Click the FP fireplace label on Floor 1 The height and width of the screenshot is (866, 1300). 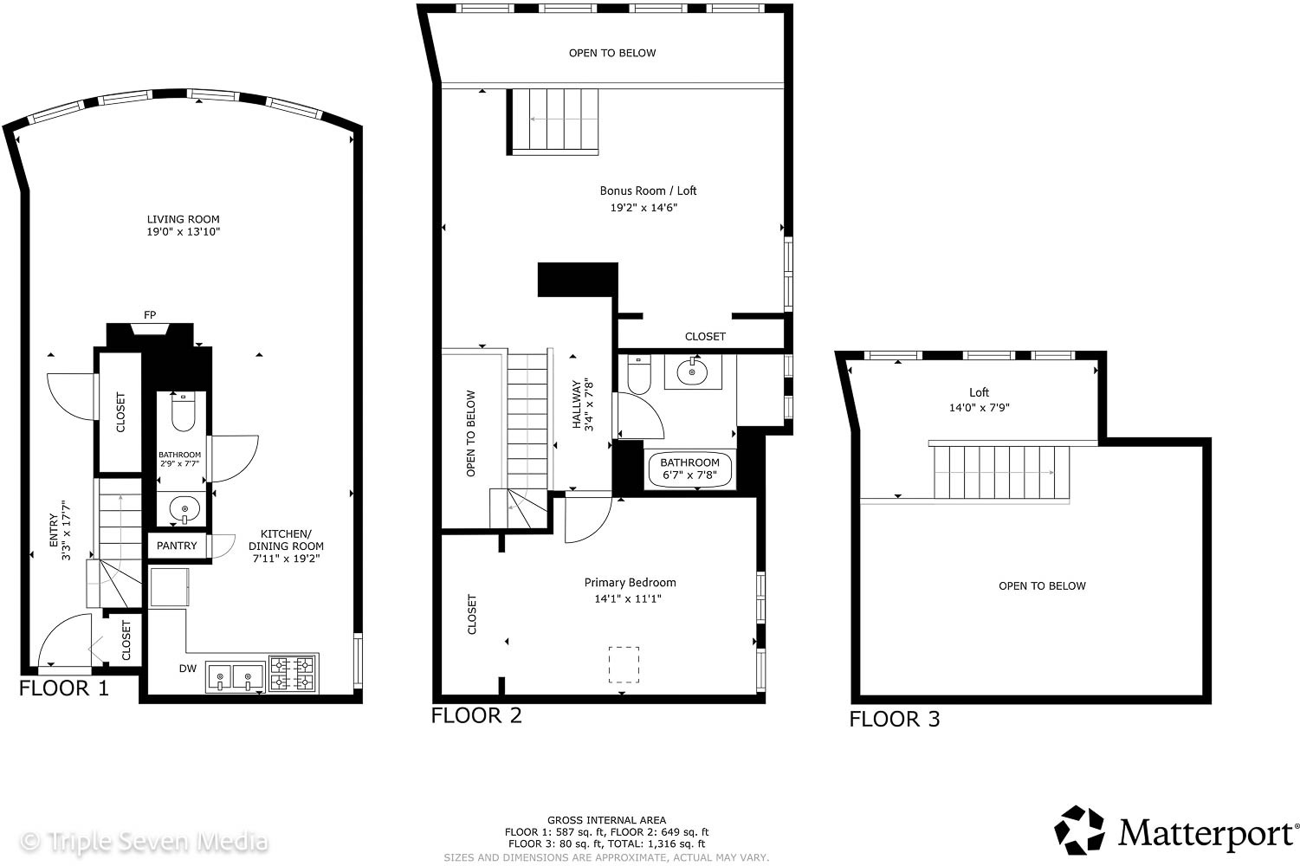(x=150, y=314)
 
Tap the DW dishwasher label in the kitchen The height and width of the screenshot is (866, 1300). (x=187, y=668)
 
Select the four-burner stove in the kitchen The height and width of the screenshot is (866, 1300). (x=293, y=673)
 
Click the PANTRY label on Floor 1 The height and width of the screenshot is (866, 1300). (x=177, y=546)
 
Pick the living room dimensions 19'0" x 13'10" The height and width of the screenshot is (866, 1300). (x=184, y=231)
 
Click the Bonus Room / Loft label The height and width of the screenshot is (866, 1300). (x=648, y=191)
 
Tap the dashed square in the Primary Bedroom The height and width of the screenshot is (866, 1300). (x=624, y=664)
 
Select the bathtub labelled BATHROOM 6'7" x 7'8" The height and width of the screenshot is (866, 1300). (x=689, y=469)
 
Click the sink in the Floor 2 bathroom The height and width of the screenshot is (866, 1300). (x=692, y=372)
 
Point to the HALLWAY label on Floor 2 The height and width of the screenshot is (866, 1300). (x=576, y=404)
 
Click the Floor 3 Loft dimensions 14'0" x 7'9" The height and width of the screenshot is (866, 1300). (x=979, y=408)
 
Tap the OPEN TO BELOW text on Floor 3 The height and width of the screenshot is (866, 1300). (x=1042, y=586)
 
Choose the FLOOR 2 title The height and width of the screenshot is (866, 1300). (x=476, y=715)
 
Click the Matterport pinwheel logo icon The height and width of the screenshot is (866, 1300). (x=1079, y=830)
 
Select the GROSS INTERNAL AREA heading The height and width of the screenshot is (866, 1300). (x=606, y=820)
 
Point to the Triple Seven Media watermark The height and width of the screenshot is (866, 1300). (x=144, y=842)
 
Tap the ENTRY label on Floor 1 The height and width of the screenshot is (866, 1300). (x=54, y=530)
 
